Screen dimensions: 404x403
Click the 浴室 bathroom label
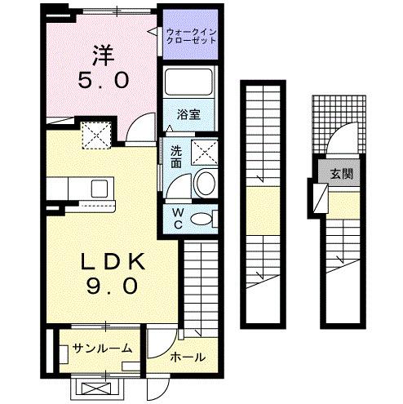[189, 114]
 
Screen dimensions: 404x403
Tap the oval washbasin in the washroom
[206, 183]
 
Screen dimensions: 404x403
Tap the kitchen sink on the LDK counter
[104, 190]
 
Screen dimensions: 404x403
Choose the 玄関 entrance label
[341, 174]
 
